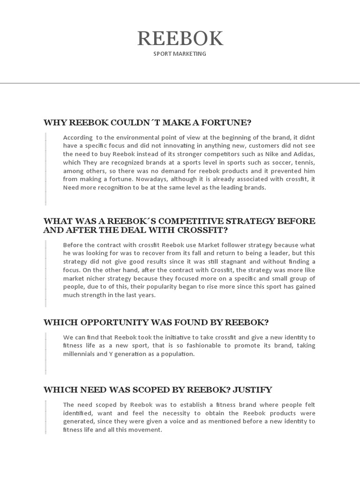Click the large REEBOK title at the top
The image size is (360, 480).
coord(180,38)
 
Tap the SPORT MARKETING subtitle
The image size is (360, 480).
coord(180,54)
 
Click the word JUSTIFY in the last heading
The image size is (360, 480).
coord(252,390)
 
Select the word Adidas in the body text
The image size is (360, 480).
coord(304,154)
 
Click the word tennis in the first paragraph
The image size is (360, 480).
coord(305,162)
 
